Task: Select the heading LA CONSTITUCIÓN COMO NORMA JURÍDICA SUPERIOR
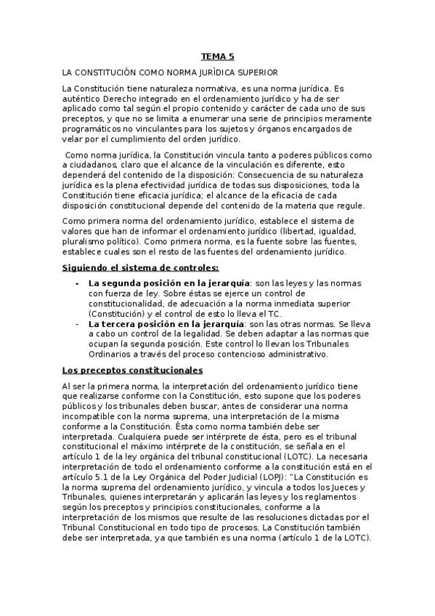pos(168,73)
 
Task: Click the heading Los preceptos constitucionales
pos(132,370)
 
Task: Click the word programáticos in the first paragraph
pos(92,129)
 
